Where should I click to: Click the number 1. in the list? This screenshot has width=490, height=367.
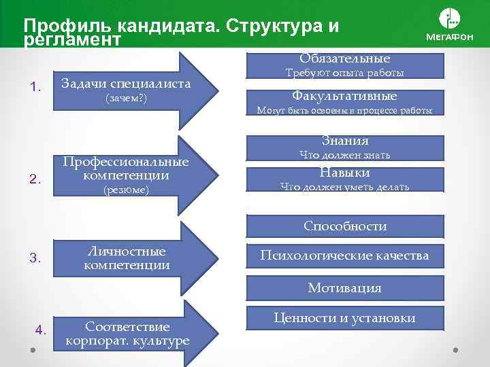[x=37, y=86]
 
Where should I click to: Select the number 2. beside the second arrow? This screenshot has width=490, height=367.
[x=37, y=179]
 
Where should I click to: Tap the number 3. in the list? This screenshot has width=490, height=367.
[x=37, y=258]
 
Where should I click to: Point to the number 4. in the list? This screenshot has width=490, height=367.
[x=40, y=330]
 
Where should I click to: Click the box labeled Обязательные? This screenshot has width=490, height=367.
[x=345, y=59]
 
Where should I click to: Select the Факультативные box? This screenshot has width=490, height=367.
[x=345, y=97]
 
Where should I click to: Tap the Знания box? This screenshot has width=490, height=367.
[x=345, y=141]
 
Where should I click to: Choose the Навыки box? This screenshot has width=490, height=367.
[x=345, y=172]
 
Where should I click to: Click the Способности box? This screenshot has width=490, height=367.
[x=345, y=226]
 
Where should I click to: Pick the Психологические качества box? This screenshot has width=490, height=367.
[x=345, y=256]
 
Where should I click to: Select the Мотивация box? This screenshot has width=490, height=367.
[x=345, y=288]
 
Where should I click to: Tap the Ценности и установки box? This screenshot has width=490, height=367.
[x=345, y=318]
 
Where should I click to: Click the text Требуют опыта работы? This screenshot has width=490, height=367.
[x=345, y=73]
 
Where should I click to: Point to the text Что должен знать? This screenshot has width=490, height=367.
[x=345, y=156]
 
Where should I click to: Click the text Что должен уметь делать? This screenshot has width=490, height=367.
[x=345, y=187]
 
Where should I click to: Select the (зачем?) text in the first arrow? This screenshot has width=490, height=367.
[x=126, y=99]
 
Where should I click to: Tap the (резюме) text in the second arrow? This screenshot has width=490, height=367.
[x=126, y=191]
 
